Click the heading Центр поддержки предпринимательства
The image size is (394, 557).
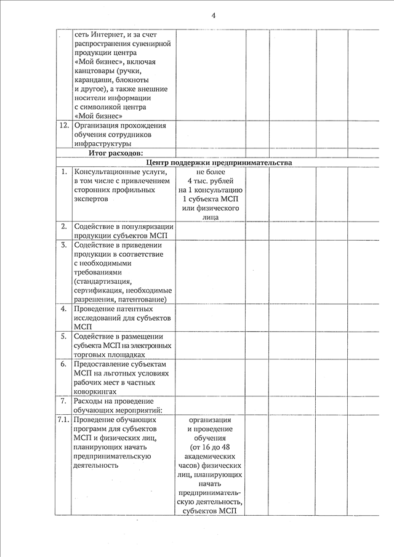(219, 162)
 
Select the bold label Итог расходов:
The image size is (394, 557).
(116, 153)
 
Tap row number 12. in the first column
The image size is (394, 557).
(63, 125)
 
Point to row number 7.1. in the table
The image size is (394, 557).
(63, 419)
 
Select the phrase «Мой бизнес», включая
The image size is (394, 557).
(115, 62)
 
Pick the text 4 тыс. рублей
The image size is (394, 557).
(211, 182)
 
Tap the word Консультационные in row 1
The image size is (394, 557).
(108, 172)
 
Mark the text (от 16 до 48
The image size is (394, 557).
(211, 446)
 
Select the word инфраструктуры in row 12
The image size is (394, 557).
(102, 143)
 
